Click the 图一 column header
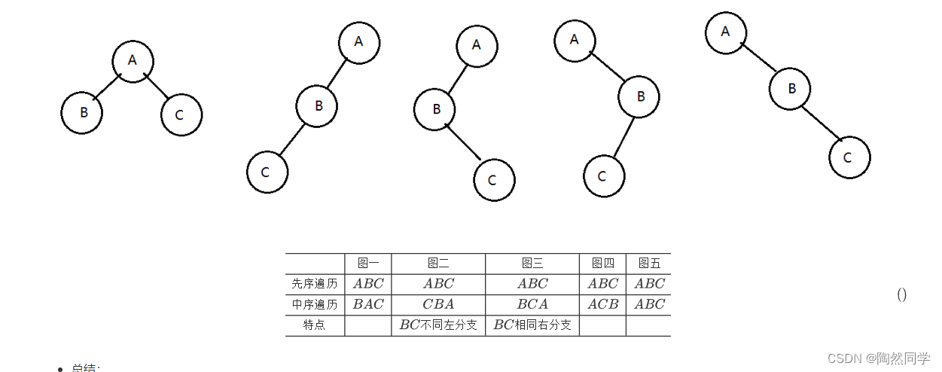point(368,264)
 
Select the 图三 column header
point(532,264)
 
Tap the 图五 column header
point(649,264)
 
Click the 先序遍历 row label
point(315,284)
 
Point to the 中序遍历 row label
point(315,304)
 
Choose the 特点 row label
point(315,325)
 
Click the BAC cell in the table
point(368,304)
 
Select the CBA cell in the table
point(438,304)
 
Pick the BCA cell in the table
point(532,304)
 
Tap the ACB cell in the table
point(603,304)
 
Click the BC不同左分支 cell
point(438,325)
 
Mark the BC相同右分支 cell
point(532,325)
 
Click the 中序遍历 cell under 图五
point(649,304)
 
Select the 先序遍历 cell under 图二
point(438,284)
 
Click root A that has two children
point(133,60)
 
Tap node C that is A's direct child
point(181,115)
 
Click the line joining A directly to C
point(157,88)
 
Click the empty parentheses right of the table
point(901,294)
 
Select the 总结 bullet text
point(85,368)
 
